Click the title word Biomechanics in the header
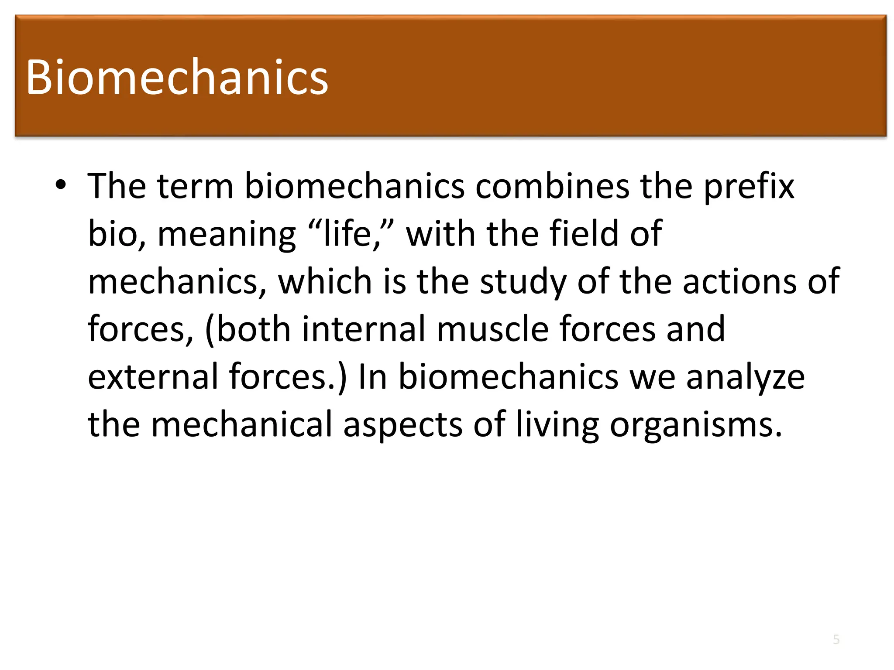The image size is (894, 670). click(x=177, y=77)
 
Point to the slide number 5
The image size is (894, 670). click(x=836, y=639)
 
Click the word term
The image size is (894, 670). click(x=196, y=186)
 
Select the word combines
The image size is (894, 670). click(x=552, y=186)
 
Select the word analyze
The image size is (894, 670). click(x=745, y=378)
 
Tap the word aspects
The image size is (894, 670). click(x=402, y=425)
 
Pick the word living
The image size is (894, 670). click(x=557, y=425)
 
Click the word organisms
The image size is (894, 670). click(x=695, y=425)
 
